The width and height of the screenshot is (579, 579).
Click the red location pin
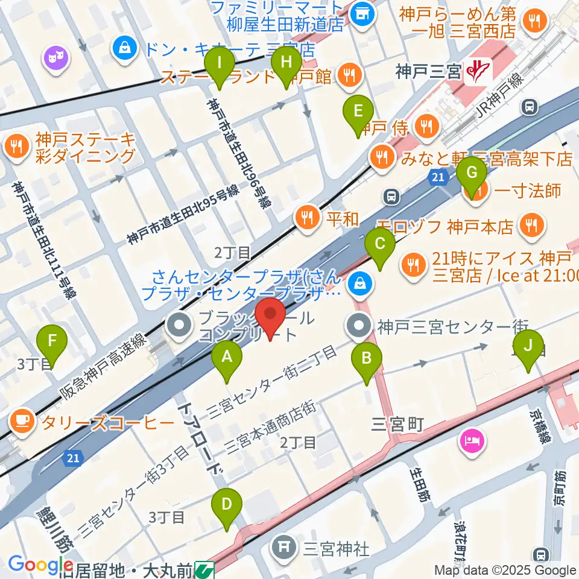click(x=270, y=315)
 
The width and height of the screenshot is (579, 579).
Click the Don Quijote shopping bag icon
click(x=125, y=46)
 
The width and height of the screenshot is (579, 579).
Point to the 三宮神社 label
click(x=336, y=549)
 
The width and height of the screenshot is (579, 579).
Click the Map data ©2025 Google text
click(x=505, y=570)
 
